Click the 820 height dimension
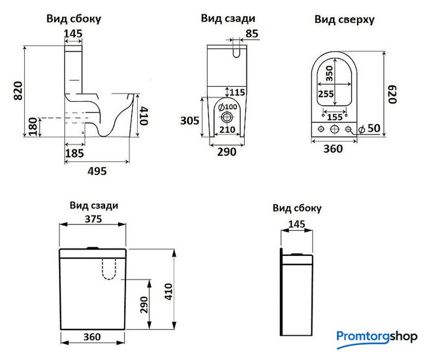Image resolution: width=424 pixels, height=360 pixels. coord(17,91)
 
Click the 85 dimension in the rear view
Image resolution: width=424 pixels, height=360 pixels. coord(252,34)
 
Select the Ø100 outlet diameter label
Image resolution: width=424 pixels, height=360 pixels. coord(228,107)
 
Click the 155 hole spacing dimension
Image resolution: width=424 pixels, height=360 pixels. coord(335,117)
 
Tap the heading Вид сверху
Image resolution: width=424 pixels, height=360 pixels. coord(344,20)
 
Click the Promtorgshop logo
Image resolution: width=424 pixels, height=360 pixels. coord(377,336)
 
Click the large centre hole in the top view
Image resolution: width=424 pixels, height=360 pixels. coord(335,129)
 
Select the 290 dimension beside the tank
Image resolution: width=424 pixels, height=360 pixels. coord(144,305)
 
